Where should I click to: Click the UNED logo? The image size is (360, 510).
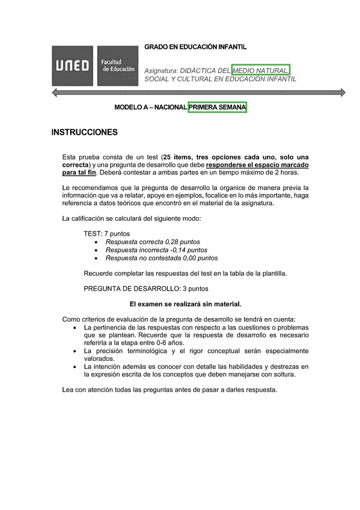[x=72, y=66]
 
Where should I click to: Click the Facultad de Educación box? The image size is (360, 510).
[x=117, y=66]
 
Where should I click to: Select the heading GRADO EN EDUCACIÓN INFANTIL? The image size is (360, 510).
[x=195, y=47]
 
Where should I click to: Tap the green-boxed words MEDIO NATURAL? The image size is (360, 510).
[x=261, y=70]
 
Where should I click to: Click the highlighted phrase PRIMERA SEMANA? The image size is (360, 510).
[x=218, y=107]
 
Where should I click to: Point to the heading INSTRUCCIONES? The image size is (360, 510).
[x=84, y=132]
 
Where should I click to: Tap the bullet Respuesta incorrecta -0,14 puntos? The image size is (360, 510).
[x=156, y=250]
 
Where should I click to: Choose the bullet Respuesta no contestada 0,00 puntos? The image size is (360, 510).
[x=161, y=258]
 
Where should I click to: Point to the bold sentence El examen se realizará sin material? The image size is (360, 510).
[x=185, y=304]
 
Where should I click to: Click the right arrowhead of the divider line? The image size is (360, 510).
[x=343, y=92]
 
